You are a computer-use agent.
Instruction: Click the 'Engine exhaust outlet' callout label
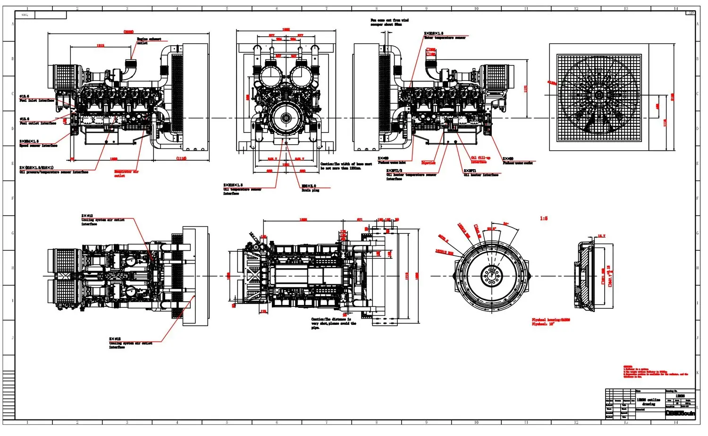[x=148, y=41]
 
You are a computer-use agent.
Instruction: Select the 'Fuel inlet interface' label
[x=36, y=100]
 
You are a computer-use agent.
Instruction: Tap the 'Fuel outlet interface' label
[x=37, y=123]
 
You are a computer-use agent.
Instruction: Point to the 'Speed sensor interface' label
[x=38, y=146]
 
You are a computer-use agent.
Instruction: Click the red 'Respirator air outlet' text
[x=126, y=173]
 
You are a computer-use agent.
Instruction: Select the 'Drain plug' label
[x=310, y=190]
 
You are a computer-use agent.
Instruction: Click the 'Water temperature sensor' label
[x=444, y=38]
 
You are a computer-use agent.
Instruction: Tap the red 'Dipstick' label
[x=428, y=163]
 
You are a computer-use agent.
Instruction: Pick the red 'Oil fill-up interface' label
[x=480, y=160]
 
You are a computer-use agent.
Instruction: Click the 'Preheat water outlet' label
[x=517, y=163]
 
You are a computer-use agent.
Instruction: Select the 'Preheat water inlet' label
[x=391, y=163]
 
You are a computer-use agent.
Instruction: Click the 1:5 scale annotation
[x=544, y=219]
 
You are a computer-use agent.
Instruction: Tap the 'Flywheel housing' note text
[x=550, y=320]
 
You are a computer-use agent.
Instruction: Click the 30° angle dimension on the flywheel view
[x=506, y=224]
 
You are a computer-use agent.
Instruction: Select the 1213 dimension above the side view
[x=101, y=46]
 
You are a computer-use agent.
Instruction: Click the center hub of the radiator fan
[x=598, y=95]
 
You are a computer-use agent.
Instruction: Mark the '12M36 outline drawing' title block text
[x=649, y=402]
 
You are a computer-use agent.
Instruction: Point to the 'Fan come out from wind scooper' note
[x=389, y=22]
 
